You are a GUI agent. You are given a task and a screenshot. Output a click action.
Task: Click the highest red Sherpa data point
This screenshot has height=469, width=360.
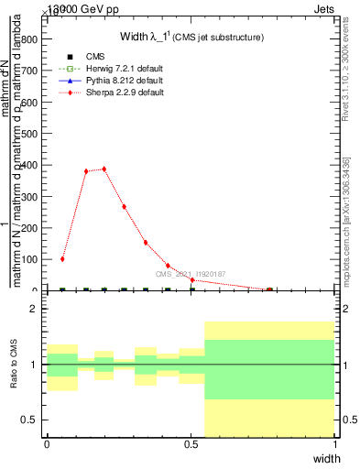click(104, 169)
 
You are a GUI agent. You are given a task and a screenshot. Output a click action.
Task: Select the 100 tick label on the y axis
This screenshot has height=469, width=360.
click(32, 259)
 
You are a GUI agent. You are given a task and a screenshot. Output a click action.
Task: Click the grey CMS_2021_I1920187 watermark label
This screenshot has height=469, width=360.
click(190, 274)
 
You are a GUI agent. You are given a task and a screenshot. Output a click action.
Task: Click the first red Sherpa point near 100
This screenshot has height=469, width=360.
click(62, 259)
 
